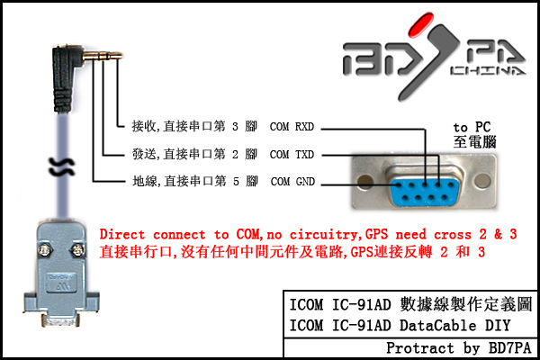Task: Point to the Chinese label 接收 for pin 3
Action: tap(143, 126)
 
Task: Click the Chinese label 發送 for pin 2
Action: tap(143, 154)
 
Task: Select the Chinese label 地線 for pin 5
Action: tap(143, 182)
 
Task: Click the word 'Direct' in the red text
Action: tap(124, 234)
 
